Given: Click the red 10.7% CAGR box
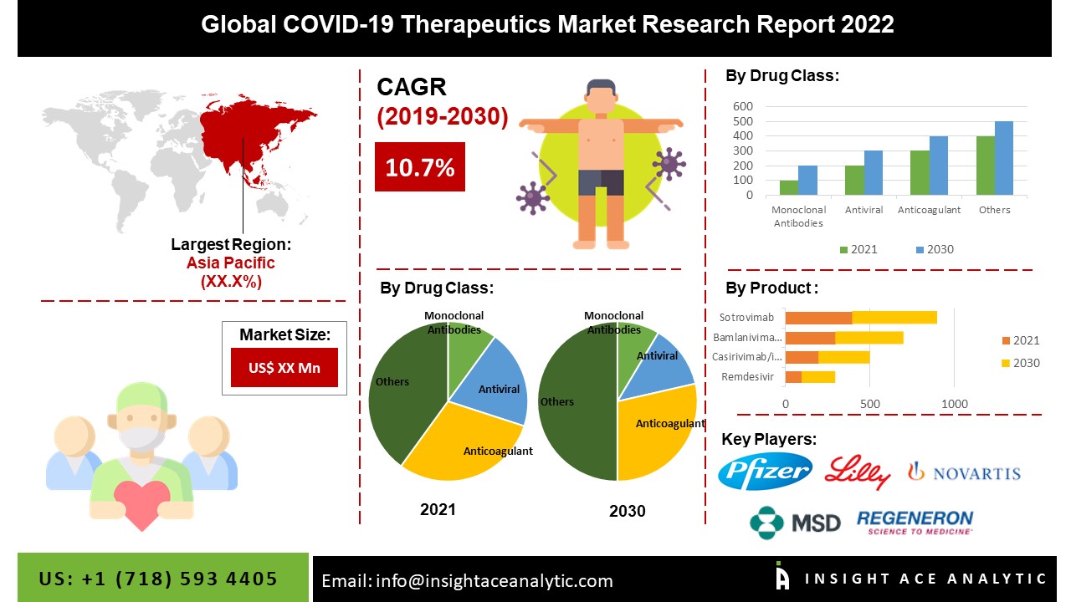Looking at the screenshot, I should point(419,167).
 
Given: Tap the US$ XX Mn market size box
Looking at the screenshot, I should point(284,368).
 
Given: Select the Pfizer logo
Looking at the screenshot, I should point(765,472).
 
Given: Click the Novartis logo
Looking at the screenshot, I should point(964,473).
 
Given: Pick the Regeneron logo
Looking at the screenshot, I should point(915,523).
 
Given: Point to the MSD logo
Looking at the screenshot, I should point(795,523).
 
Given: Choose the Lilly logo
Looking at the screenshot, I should point(858,472).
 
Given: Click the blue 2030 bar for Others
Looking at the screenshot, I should point(1004,158).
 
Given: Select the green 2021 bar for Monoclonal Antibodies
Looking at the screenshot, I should point(789,187).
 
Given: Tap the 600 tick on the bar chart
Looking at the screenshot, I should point(743,107).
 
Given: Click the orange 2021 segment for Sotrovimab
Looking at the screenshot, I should point(818,318).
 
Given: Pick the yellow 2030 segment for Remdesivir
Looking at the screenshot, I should point(818,377).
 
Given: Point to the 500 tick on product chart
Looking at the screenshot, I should point(870,405).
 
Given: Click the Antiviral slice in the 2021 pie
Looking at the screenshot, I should point(496,380).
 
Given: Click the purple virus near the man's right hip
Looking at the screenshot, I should point(531,197).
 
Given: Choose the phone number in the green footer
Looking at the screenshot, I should point(159,579).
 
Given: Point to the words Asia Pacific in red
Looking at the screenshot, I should point(230,263).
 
